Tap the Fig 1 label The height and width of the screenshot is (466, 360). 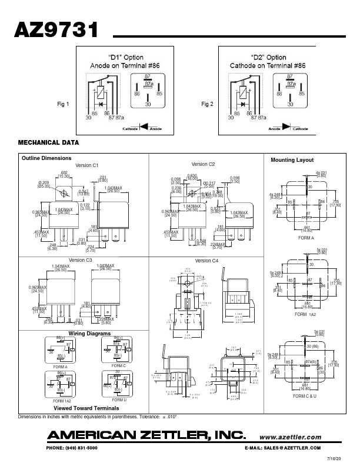tap(63, 104)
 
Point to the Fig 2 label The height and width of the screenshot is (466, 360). tap(207, 104)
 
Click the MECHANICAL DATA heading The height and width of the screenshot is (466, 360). tap(49, 143)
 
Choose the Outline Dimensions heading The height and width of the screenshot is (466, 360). tap(46, 158)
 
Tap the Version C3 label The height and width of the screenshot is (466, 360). tap(81, 260)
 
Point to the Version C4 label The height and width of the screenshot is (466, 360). tap(207, 260)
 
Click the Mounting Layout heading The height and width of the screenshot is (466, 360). tap(292, 160)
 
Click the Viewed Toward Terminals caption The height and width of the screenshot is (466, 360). tap(86, 408)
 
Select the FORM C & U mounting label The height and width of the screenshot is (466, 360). tap(305, 397)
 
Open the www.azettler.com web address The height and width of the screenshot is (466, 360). tap(290, 437)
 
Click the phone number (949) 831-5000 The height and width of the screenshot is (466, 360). tap(71, 448)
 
